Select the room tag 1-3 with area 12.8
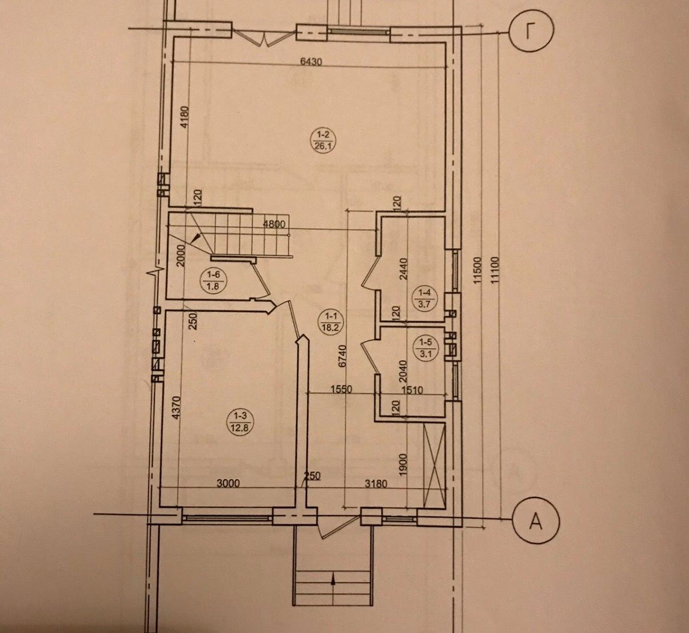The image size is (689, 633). point(241,423)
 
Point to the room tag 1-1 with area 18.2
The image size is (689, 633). point(330,321)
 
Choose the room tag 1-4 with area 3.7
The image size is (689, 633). point(425,299)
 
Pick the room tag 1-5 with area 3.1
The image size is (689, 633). point(425,348)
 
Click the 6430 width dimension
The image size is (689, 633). point(311,62)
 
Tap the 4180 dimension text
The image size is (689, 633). point(185,117)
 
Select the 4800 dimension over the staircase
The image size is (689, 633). point(274,224)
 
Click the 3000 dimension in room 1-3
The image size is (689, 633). point(228,483)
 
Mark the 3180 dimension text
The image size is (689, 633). point(376,484)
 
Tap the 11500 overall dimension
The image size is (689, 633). point(478,270)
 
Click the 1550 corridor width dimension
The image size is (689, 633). point(342,389)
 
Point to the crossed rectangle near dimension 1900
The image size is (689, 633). point(435,465)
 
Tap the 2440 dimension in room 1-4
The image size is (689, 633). point(403,269)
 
